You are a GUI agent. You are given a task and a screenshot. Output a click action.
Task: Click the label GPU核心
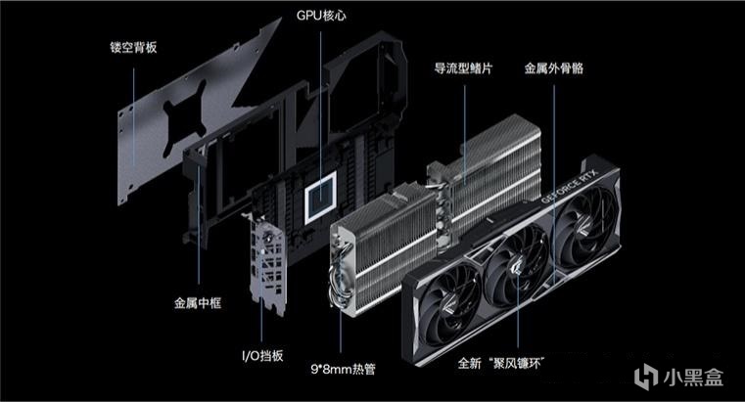click(x=320, y=17)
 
